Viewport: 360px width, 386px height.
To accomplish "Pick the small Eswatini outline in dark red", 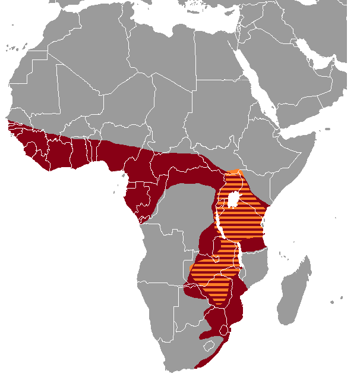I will [x=224, y=329].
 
